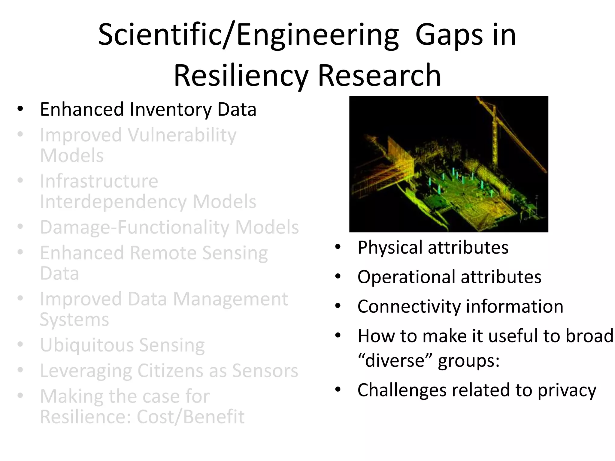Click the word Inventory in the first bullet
[171, 109]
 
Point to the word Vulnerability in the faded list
[182, 135]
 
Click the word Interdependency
[113, 202]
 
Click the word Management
[230, 299]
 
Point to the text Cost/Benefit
[190, 417]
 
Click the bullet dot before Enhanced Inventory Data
[20, 109]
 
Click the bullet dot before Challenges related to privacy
[338, 390]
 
